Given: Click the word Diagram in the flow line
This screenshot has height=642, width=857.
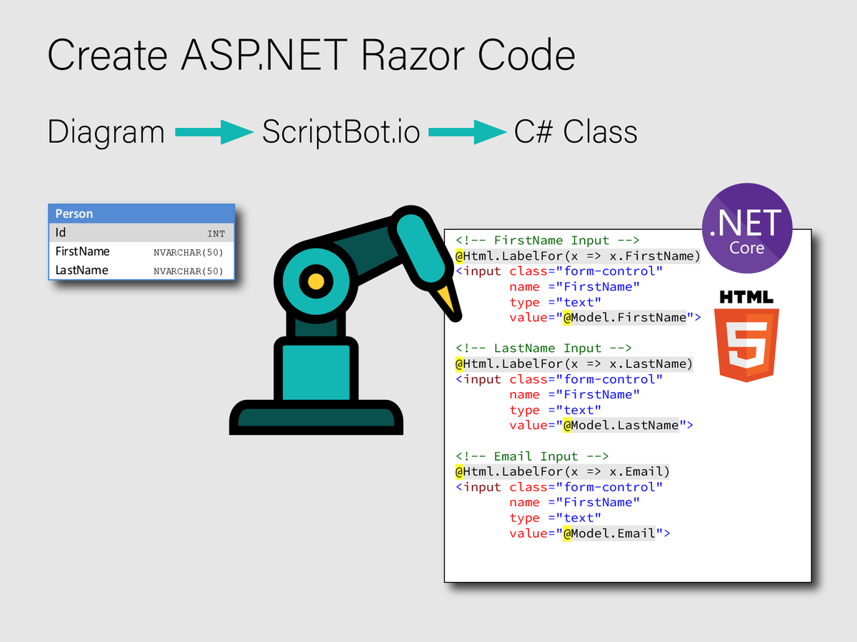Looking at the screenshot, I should [x=106, y=132].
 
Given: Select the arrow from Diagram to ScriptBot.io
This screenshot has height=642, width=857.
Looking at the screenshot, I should [x=214, y=132].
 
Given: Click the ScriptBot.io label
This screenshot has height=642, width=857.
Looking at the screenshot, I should [x=341, y=132].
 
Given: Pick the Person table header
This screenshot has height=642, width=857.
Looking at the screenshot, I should [x=141, y=214].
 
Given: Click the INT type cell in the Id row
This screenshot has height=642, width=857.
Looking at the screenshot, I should [x=216, y=234].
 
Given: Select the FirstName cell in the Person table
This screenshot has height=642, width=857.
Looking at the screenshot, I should [x=83, y=251].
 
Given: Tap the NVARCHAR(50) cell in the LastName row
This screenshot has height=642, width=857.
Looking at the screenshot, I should [x=189, y=271].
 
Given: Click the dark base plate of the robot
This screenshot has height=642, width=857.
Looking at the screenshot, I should [x=316, y=418].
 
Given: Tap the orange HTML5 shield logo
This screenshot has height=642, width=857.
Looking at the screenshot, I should [x=746, y=343].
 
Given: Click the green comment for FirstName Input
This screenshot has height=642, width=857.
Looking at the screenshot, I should [x=547, y=240].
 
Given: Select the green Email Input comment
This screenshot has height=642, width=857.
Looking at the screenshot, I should [x=532, y=456].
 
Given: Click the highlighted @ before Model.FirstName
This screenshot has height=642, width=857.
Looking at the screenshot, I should [x=567, y=317].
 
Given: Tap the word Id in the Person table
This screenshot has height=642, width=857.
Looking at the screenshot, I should [x=61, y=233].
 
